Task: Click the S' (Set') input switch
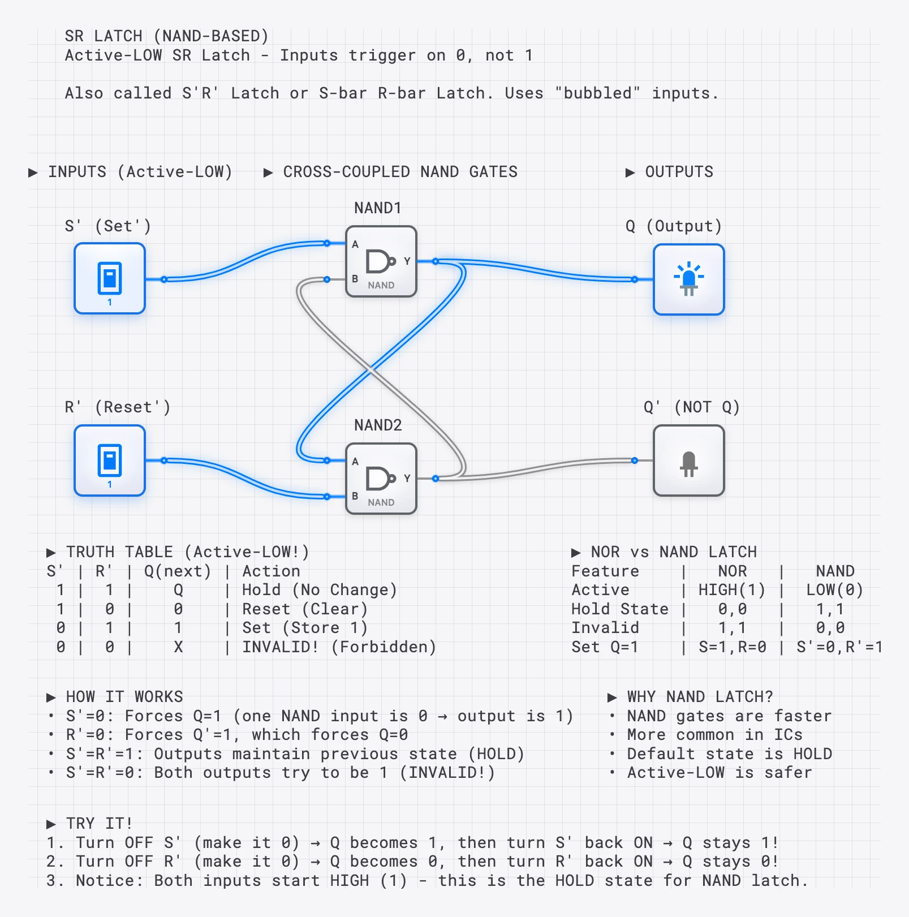tap(110, 278)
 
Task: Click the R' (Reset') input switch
tap(110, 460)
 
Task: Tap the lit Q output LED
tap(688, 279)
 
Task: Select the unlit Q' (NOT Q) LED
tap(688, 461)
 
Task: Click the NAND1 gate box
tap(381, 261)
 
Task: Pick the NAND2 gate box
tap(381, 479)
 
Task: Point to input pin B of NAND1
tap(328, 279)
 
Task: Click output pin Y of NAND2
tap(435, 479)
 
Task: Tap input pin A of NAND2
tap(328, 460)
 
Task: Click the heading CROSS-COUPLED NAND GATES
tap(400, 172)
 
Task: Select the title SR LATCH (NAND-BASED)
tap(166, 36)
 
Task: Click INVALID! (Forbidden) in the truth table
tap(339, 647)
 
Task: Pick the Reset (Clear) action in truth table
tap(305, 609)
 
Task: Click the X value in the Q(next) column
tap(178, 647)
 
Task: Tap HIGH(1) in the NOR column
tap(732, 590)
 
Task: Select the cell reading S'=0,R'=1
tap(839, 647)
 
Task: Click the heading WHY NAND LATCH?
tap(699, 696)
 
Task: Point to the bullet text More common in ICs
tap(714, 734)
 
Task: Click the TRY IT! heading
tap(98, 823)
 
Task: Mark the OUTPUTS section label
tap(679, 172)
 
